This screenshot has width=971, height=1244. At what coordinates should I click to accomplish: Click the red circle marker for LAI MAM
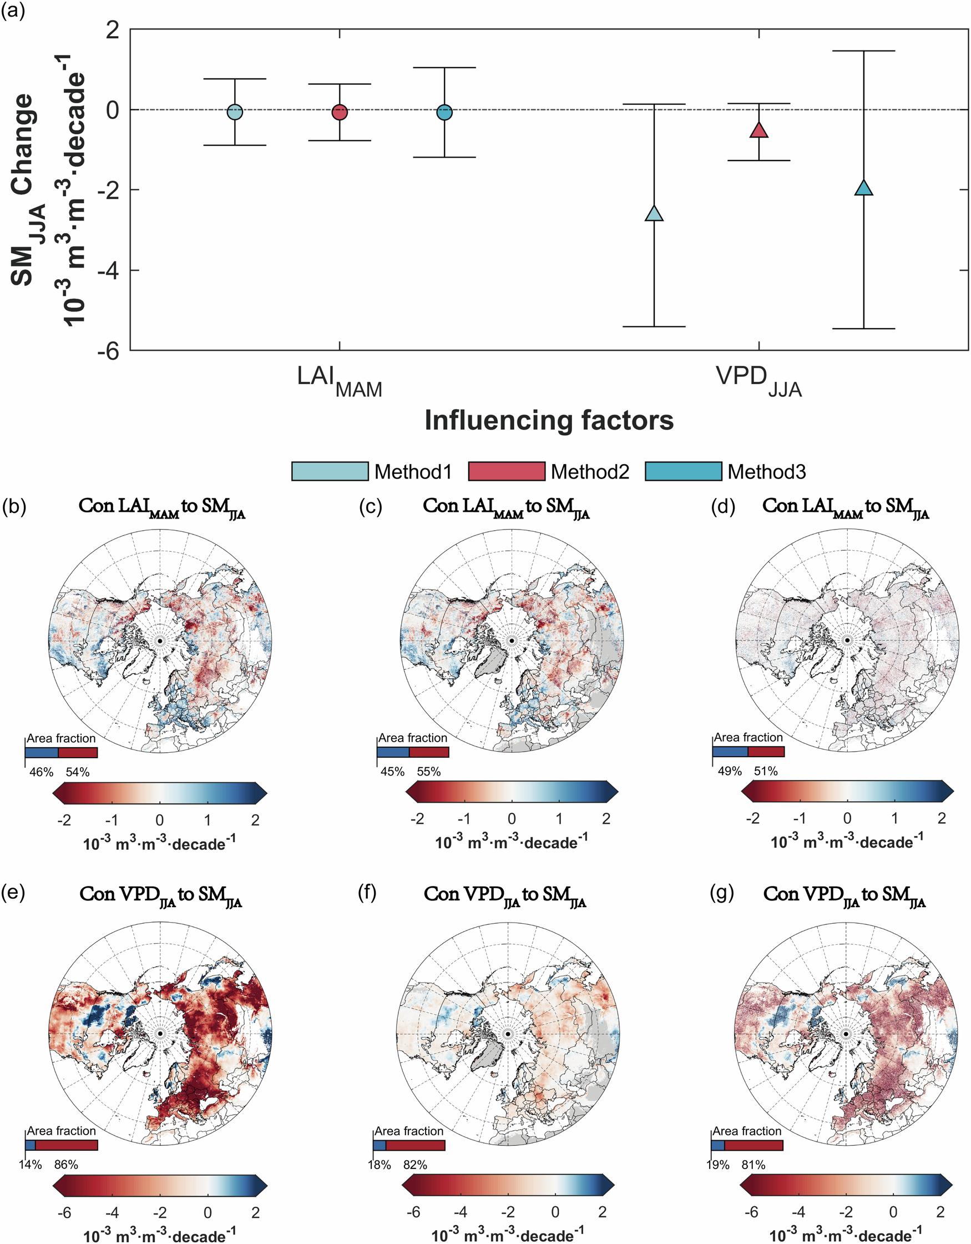coord(340,112)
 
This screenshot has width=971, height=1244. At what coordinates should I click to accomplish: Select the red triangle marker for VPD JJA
coord(759,130)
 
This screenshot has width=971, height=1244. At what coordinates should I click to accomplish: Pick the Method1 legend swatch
coord(330,472)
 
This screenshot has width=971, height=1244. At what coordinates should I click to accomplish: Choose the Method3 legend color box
coord(684,472)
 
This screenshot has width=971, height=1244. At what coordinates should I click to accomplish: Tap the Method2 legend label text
coord(590,472)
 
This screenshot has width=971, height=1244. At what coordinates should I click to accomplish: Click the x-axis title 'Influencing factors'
coord(549,420)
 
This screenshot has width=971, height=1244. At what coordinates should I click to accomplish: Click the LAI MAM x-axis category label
coord(340,380)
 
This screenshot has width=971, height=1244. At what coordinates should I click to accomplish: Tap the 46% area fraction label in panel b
coord(41,772)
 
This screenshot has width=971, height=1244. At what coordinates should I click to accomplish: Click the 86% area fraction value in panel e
coord(66,1165)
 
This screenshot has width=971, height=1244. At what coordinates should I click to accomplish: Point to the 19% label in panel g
coord(718,1165)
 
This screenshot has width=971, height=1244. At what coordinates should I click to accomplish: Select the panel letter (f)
coord(368,893)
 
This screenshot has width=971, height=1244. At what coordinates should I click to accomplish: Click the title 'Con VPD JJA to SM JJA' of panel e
coord(160,895)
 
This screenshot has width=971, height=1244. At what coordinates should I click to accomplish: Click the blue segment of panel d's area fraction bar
coord(730,752)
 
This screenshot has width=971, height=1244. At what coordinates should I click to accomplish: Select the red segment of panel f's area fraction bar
coord(415,1145)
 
